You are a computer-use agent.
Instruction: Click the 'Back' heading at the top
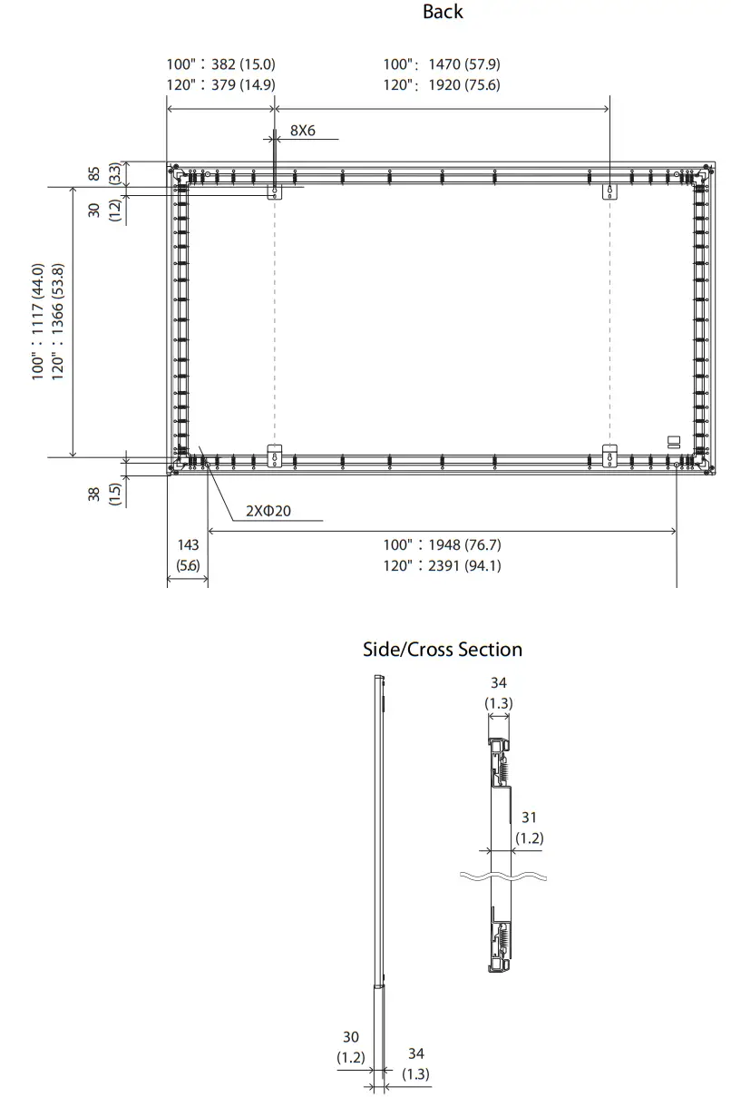[443, 12]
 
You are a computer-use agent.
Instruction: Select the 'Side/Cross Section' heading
[443, 650]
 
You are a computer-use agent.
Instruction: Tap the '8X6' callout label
[303, 131]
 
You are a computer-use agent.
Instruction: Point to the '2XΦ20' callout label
[268, 511]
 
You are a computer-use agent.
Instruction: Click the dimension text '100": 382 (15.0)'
[220, 64]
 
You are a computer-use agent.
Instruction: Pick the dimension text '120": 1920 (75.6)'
[441, 84]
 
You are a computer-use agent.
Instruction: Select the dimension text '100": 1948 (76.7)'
[441, 544]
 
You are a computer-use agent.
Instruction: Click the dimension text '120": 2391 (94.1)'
[441, 565]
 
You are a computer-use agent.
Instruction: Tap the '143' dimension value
[188, 544]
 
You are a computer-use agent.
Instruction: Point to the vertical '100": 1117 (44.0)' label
[38, 322]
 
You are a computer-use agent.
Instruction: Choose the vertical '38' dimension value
[94, 495]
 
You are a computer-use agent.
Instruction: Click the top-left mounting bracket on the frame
[275, 191]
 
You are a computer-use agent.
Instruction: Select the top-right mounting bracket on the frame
[610, 191]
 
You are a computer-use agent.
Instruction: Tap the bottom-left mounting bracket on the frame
[275, 457]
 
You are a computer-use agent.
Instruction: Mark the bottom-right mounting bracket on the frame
[610, 457]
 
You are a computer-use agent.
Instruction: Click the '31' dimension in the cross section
[529, 818]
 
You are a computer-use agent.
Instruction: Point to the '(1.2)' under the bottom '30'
[351, 1057]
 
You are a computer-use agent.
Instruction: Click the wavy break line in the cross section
[505, 877]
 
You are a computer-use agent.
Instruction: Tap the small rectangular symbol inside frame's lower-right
[673, 442]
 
